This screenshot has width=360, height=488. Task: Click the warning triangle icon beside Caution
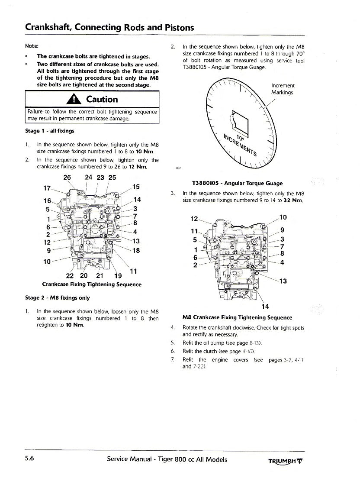tap(76, 99)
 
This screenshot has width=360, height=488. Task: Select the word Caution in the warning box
tap(102, 99)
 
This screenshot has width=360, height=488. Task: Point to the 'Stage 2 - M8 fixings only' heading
tap(58, 298)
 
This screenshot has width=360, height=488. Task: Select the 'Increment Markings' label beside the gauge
tap(283, 89)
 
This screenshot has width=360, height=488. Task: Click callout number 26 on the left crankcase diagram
tap(67, 178)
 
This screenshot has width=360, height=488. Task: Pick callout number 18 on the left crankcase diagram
tap(136, 251)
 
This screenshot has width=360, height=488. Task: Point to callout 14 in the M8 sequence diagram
tap(265, 307)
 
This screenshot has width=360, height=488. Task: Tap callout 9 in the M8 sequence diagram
tap(283, 230)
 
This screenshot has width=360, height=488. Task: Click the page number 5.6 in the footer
tap(30, 459)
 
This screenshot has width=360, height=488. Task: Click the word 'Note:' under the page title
tap(32, 45)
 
